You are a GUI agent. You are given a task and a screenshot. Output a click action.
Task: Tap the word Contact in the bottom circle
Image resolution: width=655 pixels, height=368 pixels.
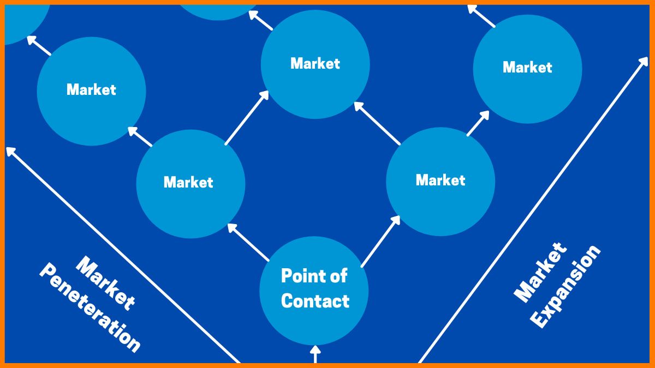315,301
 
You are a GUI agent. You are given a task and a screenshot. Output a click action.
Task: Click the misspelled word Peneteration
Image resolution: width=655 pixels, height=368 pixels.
90,308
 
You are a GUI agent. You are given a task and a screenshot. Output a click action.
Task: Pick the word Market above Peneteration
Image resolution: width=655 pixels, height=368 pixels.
106,283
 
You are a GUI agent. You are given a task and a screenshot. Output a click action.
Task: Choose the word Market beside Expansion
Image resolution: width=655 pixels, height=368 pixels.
540,273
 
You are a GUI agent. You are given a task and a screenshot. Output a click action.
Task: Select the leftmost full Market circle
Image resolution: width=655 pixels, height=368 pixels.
91,109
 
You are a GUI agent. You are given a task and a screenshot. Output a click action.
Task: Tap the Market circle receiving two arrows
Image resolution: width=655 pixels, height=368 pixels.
315,87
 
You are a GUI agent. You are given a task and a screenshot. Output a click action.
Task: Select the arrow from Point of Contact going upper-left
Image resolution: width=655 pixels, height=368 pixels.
248,242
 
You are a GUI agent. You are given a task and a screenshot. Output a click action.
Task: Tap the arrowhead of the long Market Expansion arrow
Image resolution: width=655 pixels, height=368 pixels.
643,61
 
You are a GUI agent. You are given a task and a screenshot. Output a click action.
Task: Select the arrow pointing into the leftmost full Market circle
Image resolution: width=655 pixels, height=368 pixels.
140,137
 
